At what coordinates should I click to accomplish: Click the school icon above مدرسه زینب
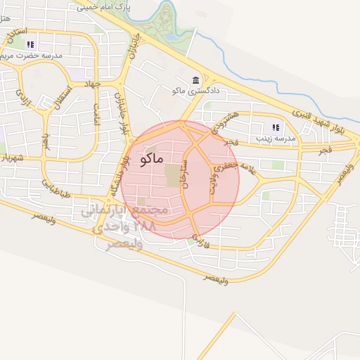(275, 127)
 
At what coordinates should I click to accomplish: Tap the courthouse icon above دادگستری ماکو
(196, 80)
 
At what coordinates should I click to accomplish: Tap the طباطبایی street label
(55, 188)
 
